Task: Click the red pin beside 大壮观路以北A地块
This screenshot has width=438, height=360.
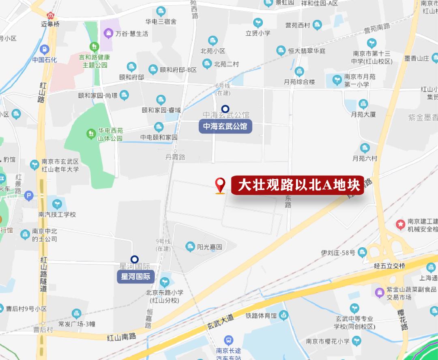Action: pyautogui.click(x=220, y=185)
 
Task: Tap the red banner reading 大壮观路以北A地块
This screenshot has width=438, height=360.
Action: pyautogui.click(x=298, y=186)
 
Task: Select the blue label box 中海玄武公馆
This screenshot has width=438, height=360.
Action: pyautogui.click(x=225, y=126)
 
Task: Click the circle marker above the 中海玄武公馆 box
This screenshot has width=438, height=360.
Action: pyautogui.click(x=225, y=109)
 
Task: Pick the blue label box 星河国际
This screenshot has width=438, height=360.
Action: pyautogui.click(x=135, y=277)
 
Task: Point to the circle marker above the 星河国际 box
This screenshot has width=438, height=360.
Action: pyautogui.click(x=135, y=259)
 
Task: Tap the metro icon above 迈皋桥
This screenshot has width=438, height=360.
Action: pyautogui.click(x=51, y=15)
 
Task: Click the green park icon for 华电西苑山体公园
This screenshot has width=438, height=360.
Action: pyautogui.click(x=92, y=133)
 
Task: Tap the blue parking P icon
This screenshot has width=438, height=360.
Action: pyautogui.click(x=29, y=196)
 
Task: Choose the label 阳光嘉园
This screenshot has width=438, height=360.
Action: pyautogui.click(x=209, y=247)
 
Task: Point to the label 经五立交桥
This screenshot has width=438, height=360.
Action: pyautogui.click(x=389, y=266)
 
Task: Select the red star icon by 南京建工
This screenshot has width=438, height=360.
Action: pyautogui.click(x=401, y=224)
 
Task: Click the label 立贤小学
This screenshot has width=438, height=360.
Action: pyautogui.click(x=258, y=33)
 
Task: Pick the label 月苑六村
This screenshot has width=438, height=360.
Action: pyautogui.click(x=365, y=159)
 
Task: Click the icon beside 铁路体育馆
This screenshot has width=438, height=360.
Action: pyautogui.click(x=283, y=314)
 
